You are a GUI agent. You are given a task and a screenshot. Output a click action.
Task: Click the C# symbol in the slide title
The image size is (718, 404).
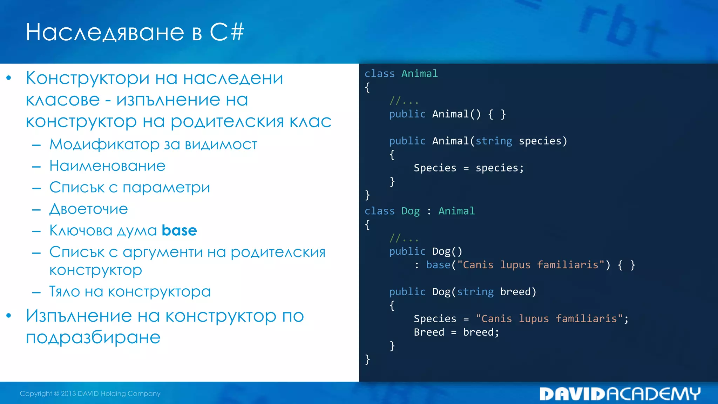pos(227,32)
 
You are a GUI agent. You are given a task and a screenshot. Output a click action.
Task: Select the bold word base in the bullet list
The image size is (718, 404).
pos(179,231)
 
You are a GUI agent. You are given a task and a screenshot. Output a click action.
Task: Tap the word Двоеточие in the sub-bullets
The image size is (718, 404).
pos(88,209)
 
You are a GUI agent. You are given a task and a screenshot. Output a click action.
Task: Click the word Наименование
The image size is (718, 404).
pos(107,166)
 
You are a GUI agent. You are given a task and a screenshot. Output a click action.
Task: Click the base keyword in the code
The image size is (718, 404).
pos(438,265)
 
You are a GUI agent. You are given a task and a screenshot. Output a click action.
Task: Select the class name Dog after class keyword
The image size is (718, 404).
pos(410,211)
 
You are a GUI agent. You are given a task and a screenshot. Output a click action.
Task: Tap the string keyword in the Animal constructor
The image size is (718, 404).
pos(494,141)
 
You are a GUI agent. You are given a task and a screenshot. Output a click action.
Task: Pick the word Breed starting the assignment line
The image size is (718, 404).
pos(429,332)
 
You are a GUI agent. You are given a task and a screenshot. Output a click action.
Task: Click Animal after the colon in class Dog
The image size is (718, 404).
pos(456,211)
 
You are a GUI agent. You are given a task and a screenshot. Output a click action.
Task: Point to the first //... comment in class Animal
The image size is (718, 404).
pos(404,101)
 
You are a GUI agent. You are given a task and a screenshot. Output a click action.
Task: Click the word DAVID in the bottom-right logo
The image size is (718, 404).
pos(572,394)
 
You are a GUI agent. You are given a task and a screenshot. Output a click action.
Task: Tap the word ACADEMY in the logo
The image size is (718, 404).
pos(653,394)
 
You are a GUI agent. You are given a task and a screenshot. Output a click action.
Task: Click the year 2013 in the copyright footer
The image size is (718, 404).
pos(68,393)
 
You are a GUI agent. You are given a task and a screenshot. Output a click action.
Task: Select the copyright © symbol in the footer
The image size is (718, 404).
pos(56,393)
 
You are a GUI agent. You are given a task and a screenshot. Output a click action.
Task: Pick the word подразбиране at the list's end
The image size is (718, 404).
pos(93,337)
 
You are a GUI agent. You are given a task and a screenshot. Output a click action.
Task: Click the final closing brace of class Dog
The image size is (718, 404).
pos(367,359)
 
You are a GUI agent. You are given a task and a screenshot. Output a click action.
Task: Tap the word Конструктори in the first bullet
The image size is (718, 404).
pos(88,78)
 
